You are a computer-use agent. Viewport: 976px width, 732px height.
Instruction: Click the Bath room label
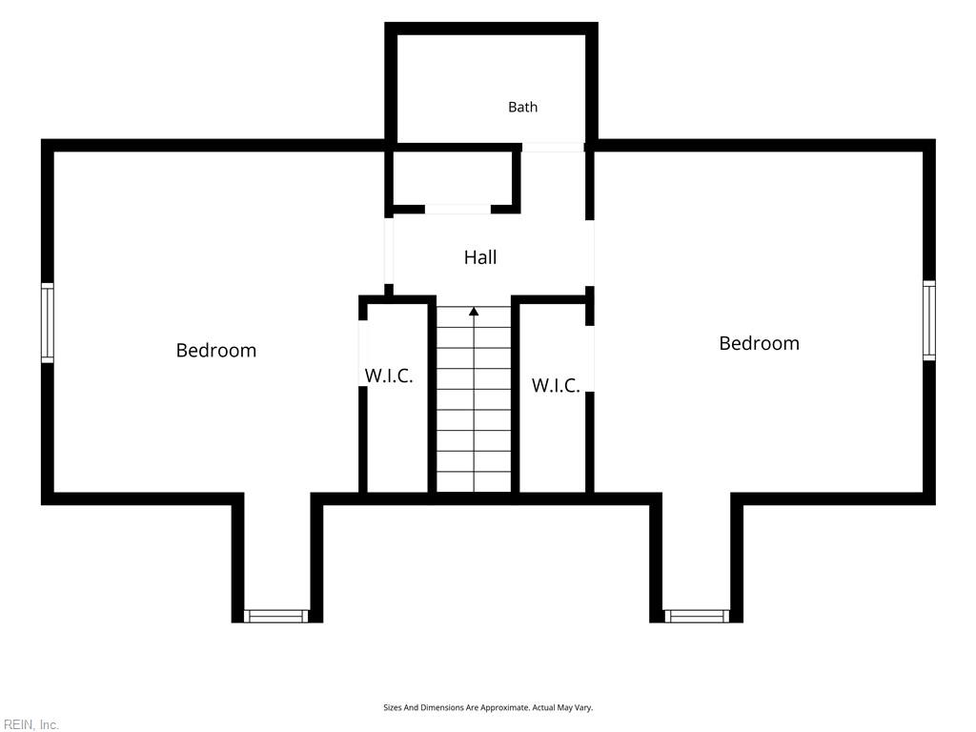click(x=522, y=107)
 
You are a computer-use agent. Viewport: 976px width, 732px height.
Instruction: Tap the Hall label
click(x=480, y=257)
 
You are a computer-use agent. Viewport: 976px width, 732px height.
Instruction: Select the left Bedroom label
click(x=216, y=351)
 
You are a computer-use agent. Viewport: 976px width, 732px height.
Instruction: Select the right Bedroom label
click(x=759, y=343)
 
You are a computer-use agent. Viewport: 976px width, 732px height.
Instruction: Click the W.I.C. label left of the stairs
click(x=389, y=376)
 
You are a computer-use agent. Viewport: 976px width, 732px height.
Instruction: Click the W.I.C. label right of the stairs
click(x=556, y=385)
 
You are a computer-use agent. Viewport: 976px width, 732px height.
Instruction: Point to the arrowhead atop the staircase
click(x=474, y=311)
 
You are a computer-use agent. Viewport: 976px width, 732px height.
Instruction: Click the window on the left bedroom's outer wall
click(x=48, y=322)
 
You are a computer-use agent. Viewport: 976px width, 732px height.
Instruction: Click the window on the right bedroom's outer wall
click(x=928, y=320)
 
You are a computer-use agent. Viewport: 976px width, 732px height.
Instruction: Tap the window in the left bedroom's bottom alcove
click(x=275, y=617)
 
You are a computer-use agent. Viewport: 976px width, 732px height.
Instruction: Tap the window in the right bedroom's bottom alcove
click(x=697, y=617)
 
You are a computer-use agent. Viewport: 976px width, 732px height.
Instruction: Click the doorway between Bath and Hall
click(x=553, y=147)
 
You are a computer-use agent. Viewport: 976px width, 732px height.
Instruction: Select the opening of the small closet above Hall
click(x=457, y=209)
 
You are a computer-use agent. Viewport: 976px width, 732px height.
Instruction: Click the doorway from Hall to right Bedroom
click(x=589, y=253)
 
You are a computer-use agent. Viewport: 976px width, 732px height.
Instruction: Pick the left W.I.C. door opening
click(x=363, y=354)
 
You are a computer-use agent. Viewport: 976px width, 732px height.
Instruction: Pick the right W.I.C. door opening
click(x=590, y=358)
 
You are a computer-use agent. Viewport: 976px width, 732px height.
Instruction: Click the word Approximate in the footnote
click(x=504, y=708)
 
